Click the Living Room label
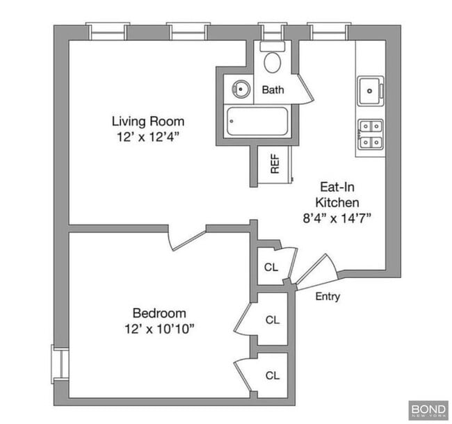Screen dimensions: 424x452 point(149,121)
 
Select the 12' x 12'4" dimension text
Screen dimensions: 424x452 point(149,137)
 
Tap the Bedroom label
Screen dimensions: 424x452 point(159,313)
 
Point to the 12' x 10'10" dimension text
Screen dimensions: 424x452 point(159,328)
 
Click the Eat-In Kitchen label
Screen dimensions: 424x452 point(338,195)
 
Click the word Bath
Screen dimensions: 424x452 point(273,90)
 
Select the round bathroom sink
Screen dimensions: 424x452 point(241,89)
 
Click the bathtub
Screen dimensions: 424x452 point(257,121)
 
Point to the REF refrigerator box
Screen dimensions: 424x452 point(274,164)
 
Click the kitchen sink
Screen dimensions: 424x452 point(370,91)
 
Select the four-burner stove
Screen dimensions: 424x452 point(370,135)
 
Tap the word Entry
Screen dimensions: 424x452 point(328,297)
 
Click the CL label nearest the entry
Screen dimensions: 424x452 point(271,267)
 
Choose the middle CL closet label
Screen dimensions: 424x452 point(272,320)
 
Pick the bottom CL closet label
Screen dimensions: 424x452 point(272,375)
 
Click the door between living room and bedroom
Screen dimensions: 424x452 point(186,238)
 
